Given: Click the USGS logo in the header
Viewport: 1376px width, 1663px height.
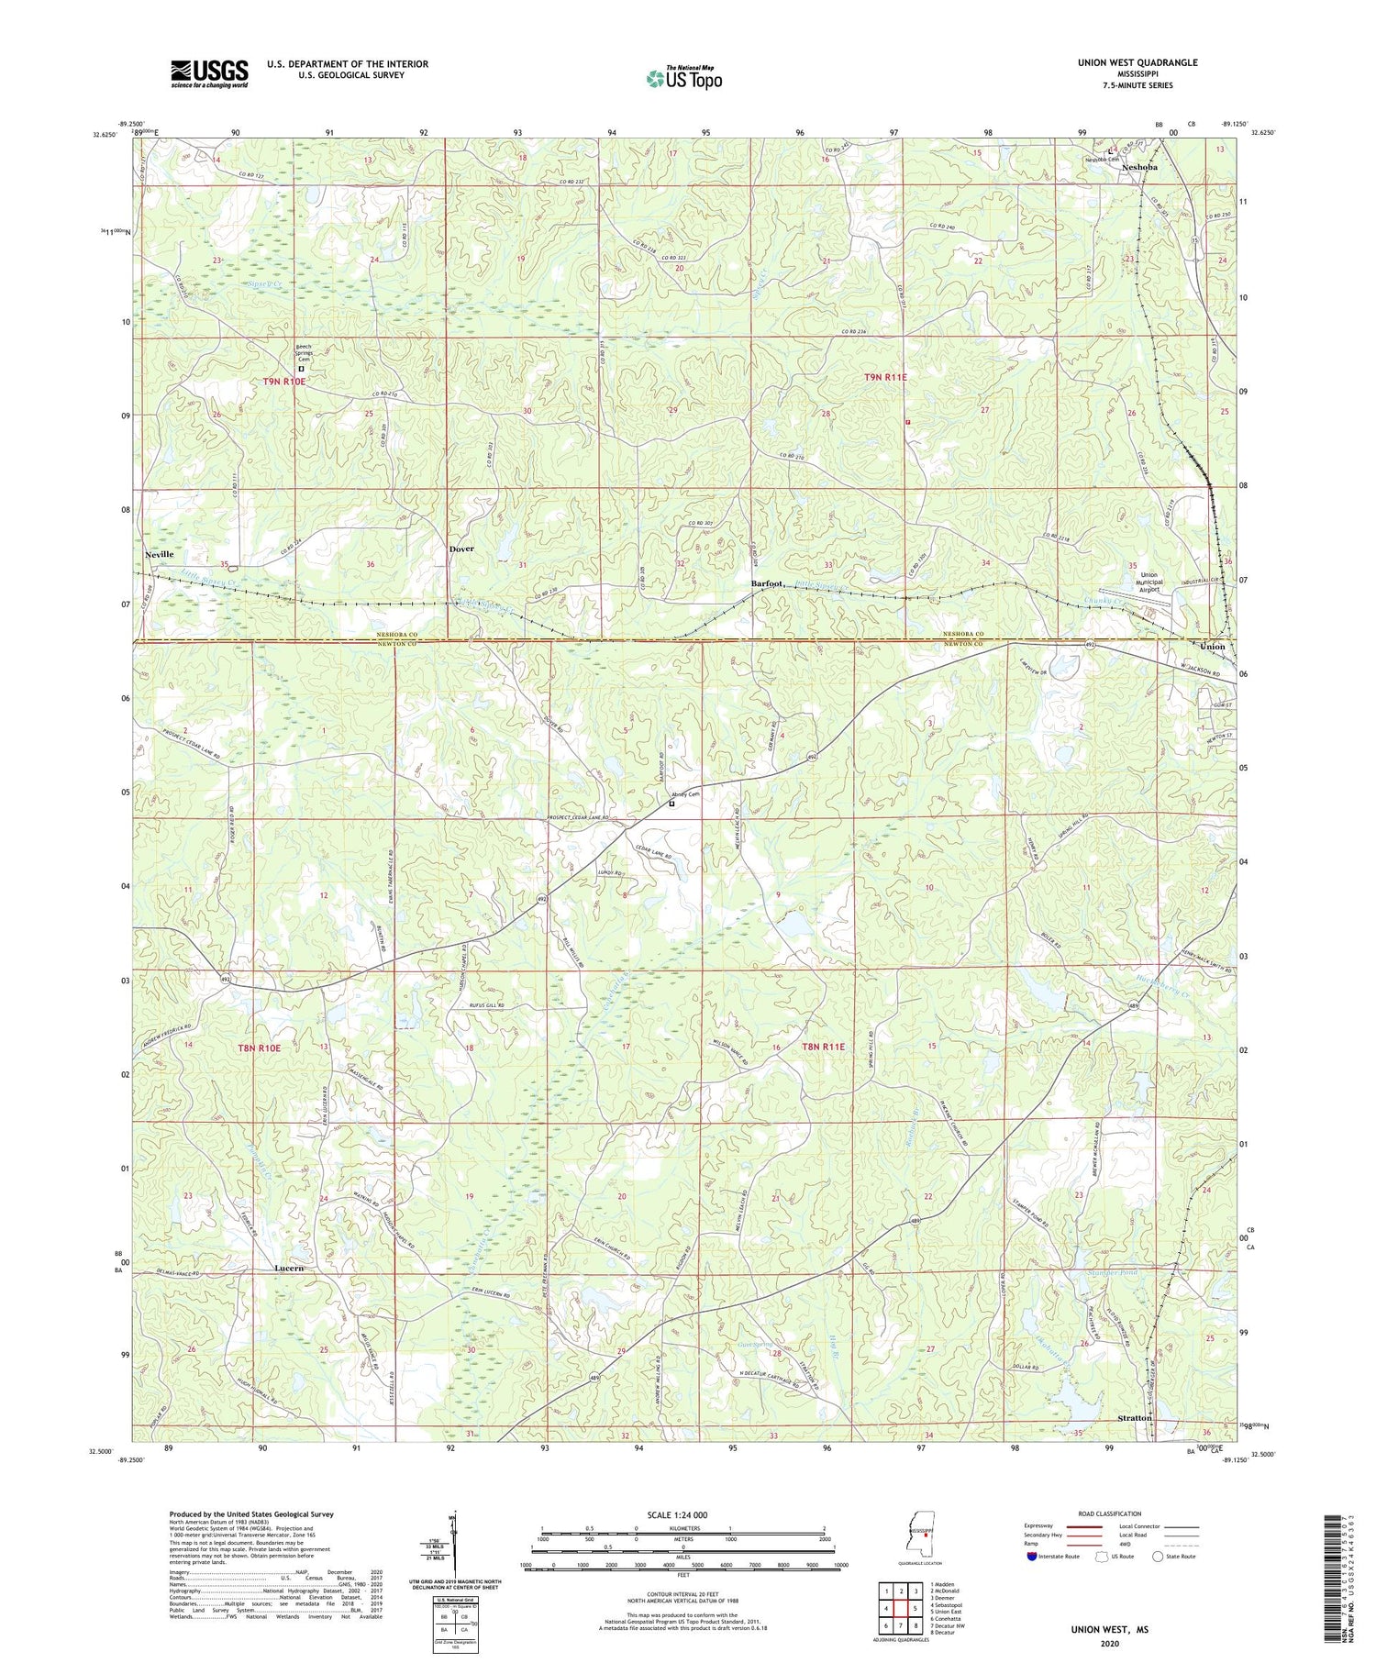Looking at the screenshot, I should coord(209,73).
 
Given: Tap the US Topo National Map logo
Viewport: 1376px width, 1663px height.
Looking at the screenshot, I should coord(683,78).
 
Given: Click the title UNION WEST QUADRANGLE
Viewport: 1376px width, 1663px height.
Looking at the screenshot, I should coord(1137,62).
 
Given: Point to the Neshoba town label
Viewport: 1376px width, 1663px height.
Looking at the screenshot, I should coord(1138,168).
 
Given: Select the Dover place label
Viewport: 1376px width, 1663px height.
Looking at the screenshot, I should coord(461,549).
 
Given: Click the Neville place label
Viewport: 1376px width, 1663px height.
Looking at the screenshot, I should coord(159,555).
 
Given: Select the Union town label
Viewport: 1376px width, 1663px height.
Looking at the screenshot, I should coord(1213,647).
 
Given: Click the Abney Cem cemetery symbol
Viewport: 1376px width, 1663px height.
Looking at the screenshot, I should coord(671,804).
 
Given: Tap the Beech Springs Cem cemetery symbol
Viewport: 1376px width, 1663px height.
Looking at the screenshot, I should coord(301,370).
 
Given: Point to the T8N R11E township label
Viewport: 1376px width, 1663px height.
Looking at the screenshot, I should coord(824,1047).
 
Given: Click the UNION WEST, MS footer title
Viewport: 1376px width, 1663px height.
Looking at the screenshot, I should coord(1108,1629).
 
